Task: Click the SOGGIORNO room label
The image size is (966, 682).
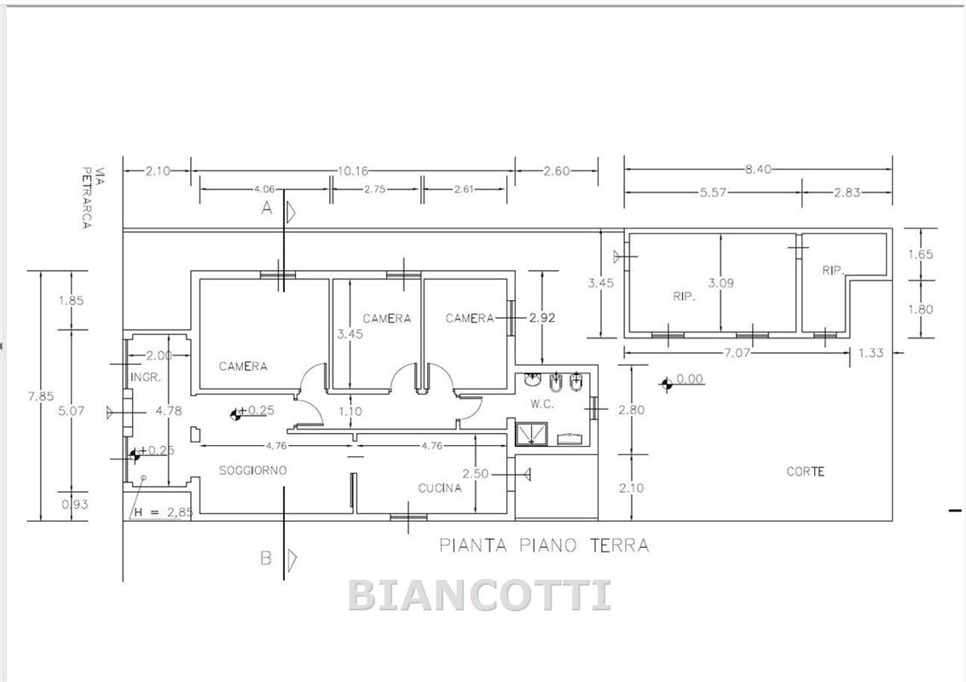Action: tap(252, 471)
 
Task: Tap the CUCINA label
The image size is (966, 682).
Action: tap(440, 488)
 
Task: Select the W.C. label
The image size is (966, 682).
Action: tap(543, 405)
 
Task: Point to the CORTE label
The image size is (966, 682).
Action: tap(805, 472)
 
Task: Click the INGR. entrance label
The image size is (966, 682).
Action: tap(146, 377)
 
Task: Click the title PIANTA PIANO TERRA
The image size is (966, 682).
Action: tap(544, 546)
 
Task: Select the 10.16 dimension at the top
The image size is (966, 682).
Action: tap(352, 171)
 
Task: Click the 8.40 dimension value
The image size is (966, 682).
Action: tap(758, 170)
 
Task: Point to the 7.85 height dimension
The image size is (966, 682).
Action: tap(41, 396)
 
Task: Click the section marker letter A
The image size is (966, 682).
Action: tap(267, 209)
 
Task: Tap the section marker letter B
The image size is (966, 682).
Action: tap(266, 558)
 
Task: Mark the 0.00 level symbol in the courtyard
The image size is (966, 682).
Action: tap(666, 384)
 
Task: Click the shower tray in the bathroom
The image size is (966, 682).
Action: tap(532, 433)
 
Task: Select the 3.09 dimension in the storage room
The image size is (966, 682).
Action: tap(720, 283)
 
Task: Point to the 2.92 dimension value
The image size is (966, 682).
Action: tap(542, 318)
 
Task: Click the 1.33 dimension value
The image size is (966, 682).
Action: tap(871, 353)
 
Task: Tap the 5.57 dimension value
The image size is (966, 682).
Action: tap(713, 193)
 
